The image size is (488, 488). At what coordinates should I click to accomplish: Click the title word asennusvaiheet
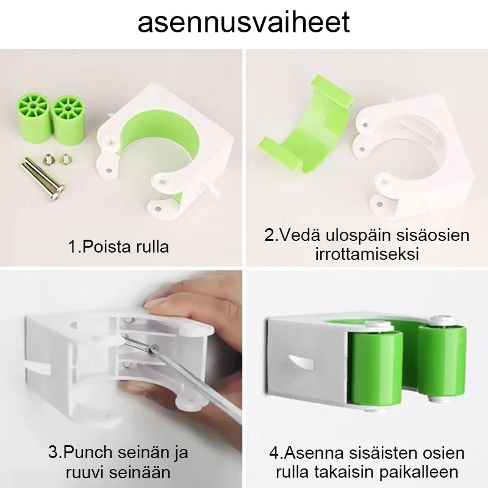243,23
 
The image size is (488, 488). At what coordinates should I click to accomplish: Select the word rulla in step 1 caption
152,247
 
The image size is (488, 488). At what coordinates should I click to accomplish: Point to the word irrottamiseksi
367,254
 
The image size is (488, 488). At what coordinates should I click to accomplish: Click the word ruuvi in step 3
83,472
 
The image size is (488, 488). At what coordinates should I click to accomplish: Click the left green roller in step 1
32,118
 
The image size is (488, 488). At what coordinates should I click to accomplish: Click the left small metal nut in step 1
48,159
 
